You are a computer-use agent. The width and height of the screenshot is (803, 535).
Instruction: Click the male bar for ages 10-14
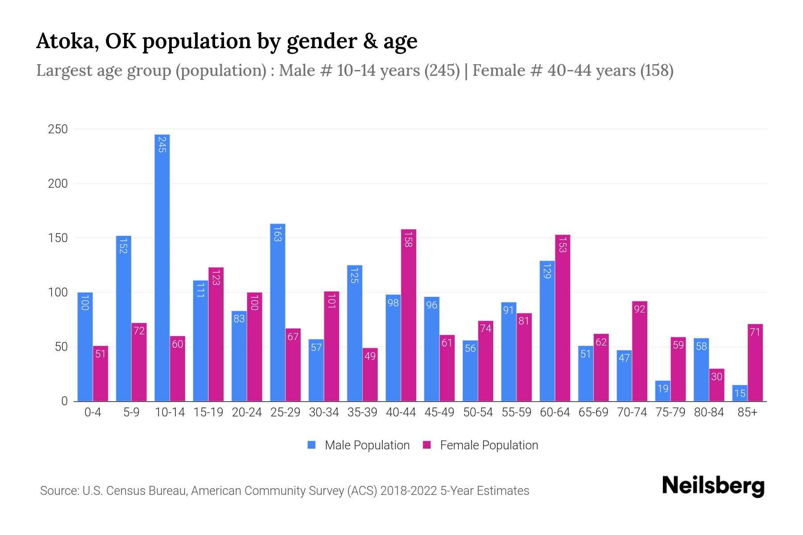coord(162,267)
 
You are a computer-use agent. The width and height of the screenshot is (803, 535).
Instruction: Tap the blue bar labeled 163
coord(277,312)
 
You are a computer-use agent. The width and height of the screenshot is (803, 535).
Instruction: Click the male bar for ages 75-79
coord(662,391)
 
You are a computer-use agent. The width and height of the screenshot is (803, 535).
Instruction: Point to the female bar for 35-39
coord(370,374)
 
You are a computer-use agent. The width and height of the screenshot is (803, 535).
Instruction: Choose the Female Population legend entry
coord(480,445)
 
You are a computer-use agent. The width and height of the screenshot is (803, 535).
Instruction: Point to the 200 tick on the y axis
coord(58,184)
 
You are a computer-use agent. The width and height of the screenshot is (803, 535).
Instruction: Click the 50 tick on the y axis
coord(61,347)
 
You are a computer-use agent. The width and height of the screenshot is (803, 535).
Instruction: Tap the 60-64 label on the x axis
coord(555,412)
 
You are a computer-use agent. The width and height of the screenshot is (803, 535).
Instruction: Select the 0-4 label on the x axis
coord(93,412)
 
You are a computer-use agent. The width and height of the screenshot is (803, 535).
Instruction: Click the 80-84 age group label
coord(708,412)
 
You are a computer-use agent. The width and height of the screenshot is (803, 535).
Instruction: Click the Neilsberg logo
coord(713,486)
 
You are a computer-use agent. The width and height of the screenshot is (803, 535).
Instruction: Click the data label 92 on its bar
coord(639,309)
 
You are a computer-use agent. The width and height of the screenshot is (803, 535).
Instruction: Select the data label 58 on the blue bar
coord(701,346)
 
